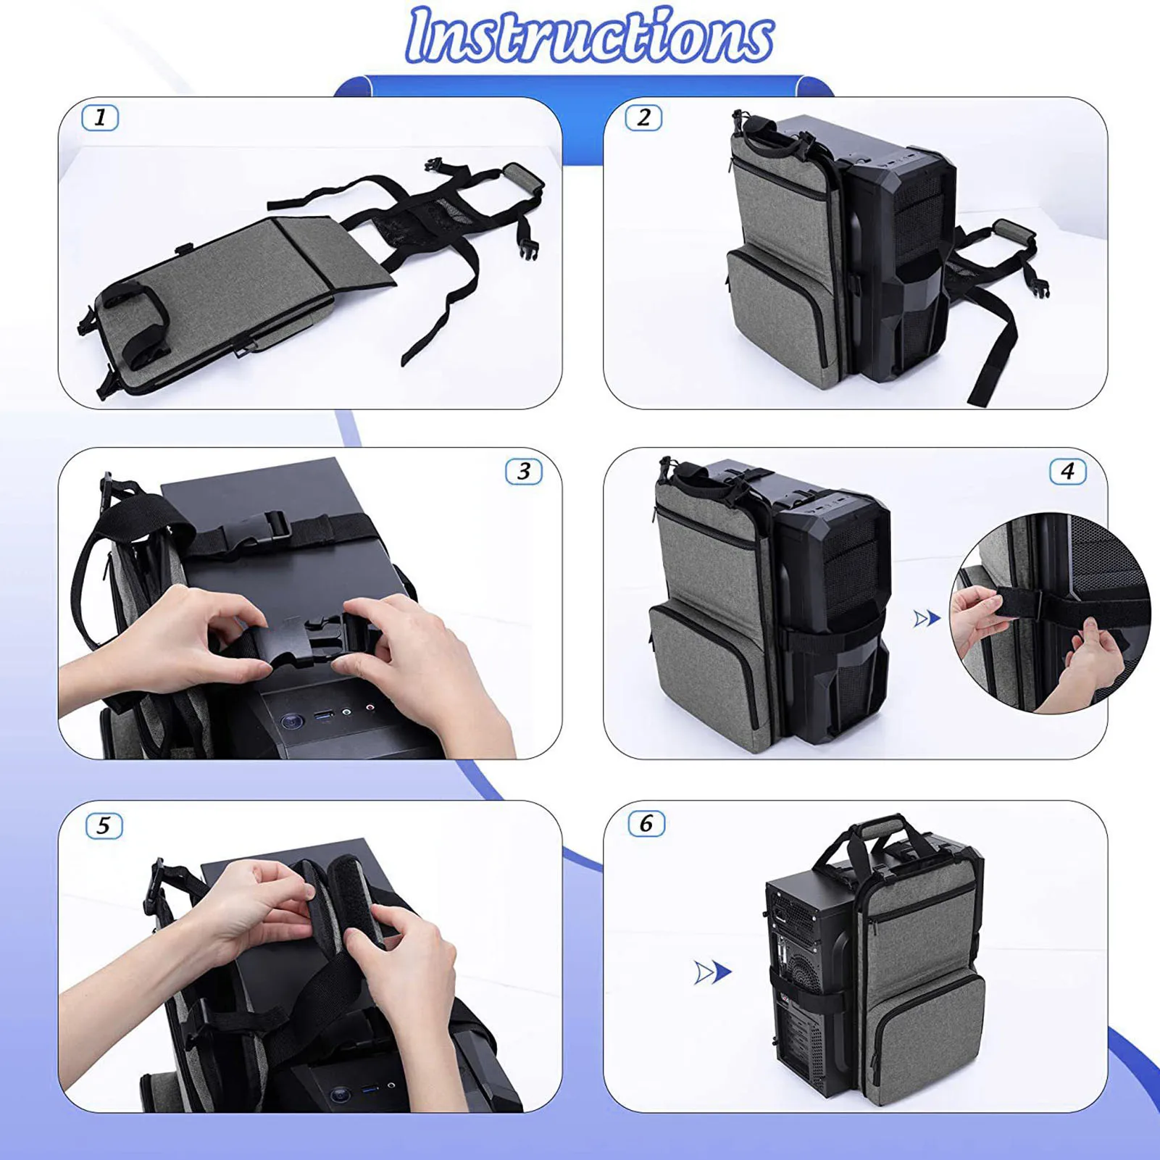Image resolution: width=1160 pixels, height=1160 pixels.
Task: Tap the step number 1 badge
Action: pyautogui.click(x=100, y=117)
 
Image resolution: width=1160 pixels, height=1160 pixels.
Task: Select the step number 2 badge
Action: pyautogui.click(x=643, y=117)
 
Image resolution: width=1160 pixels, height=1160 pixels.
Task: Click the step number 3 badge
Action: pyautogui.click(x=524, y=472)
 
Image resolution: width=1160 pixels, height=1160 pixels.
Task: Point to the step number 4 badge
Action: pyautogui.click(x=1067, y=472)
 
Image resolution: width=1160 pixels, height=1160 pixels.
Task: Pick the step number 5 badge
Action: pyautogui.click(x=104, y=825)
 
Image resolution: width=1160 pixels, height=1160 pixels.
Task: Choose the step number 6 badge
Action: pyautogui.click(x=646, y=824)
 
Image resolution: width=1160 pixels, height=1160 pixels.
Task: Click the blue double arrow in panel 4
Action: pyautogui.click(x=927, y=619)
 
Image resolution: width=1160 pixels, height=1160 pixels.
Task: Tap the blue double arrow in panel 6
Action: pyautogui.click(x=713, y=972)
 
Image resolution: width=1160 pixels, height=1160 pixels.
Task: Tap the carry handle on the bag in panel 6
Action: pyautogui.click(x=880, y=830)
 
